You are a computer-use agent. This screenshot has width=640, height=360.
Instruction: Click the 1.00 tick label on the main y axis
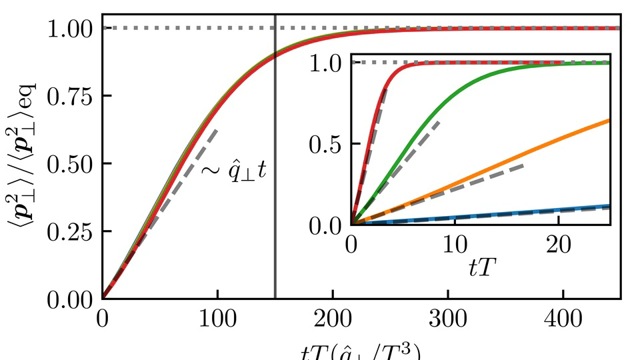click(x=70, y=28)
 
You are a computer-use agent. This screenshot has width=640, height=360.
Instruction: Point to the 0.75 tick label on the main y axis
click(x=70, y=95)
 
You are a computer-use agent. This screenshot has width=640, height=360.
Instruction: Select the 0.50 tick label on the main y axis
click(x=70, y=163)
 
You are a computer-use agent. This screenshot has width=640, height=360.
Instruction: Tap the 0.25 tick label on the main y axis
click(x=70, y=231)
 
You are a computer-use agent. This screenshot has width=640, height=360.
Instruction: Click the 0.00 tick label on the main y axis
click(x=70, y=298)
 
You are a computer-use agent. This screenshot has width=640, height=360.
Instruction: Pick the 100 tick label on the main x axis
click(x=217, y=319)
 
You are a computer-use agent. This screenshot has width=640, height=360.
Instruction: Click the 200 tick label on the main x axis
click(x=333, y=319)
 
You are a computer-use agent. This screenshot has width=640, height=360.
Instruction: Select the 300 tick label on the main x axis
click(x=448, y=319)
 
